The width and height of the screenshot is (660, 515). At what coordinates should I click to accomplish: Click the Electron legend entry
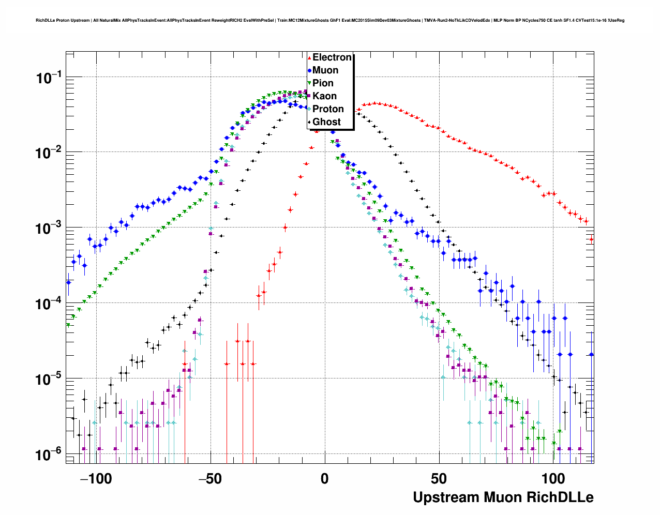332,57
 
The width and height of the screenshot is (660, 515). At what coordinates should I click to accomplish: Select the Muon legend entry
325,70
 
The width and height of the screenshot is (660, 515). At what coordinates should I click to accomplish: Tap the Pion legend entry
323,83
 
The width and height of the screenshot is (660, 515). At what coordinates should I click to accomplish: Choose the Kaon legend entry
324,96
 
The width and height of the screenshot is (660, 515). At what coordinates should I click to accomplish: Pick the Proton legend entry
328,109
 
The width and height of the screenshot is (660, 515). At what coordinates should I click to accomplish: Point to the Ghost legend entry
326,122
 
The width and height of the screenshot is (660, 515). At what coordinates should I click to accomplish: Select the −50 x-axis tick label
210,479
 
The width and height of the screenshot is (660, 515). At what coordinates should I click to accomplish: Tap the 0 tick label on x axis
324,479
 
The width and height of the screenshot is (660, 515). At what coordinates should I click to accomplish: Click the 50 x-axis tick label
439,479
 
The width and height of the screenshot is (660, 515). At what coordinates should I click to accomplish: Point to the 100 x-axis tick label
553,479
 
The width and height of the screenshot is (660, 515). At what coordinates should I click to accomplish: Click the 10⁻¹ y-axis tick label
49,78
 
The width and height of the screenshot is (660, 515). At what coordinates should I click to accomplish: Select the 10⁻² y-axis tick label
49,154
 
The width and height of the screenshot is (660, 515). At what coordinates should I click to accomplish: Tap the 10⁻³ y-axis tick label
49,229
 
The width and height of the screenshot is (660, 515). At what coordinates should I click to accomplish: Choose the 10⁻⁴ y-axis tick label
49,304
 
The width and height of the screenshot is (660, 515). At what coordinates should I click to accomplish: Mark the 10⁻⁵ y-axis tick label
49,380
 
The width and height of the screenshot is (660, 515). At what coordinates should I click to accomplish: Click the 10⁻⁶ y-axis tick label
49,455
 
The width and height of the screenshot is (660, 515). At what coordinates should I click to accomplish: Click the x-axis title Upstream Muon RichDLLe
503,497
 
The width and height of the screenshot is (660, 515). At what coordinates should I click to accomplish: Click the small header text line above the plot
330,21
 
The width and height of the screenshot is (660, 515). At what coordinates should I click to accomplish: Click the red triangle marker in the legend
309,58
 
